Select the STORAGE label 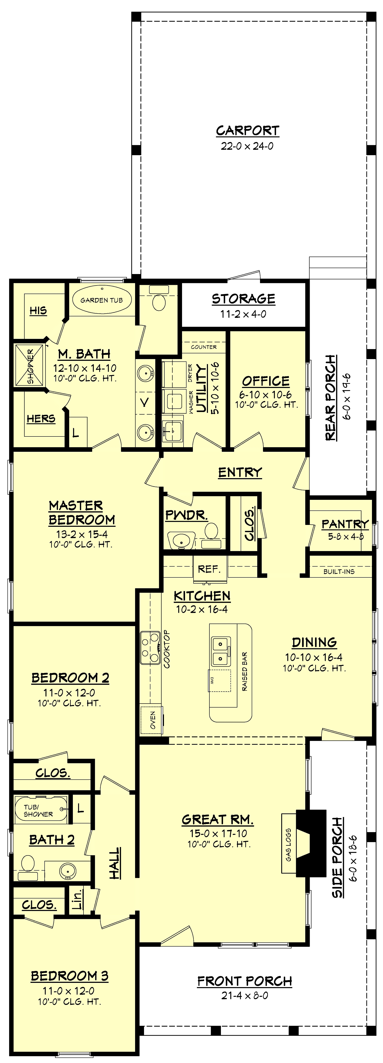coord(243,299)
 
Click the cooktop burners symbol coord(150,648)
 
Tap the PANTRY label coord(345,524)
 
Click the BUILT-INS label coord(339,571)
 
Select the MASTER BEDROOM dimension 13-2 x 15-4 coord(82,534)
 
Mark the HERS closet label coord(41,419)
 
